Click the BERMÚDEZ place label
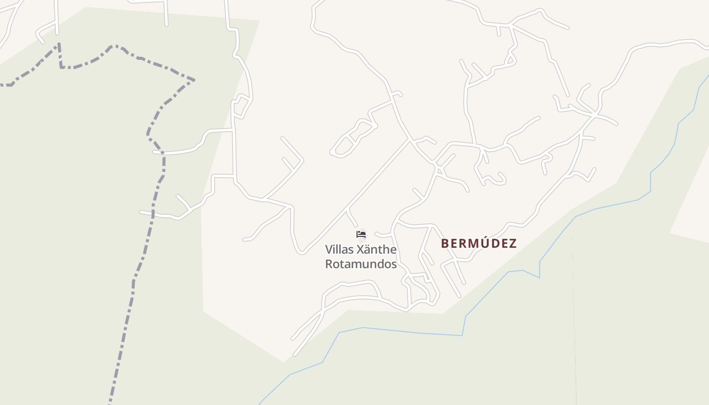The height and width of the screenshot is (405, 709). [479, 244]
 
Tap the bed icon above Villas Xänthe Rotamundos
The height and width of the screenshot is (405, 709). [361, 234]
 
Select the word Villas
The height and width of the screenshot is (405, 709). [339, 250]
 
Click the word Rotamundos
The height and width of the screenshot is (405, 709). [361, 264]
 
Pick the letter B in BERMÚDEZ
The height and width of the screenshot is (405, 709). [445, 244]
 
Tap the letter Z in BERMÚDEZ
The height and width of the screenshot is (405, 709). [513, 244]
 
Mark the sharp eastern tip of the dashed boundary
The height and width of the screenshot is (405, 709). [194, 79]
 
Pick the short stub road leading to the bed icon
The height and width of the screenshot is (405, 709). [352, 218]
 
